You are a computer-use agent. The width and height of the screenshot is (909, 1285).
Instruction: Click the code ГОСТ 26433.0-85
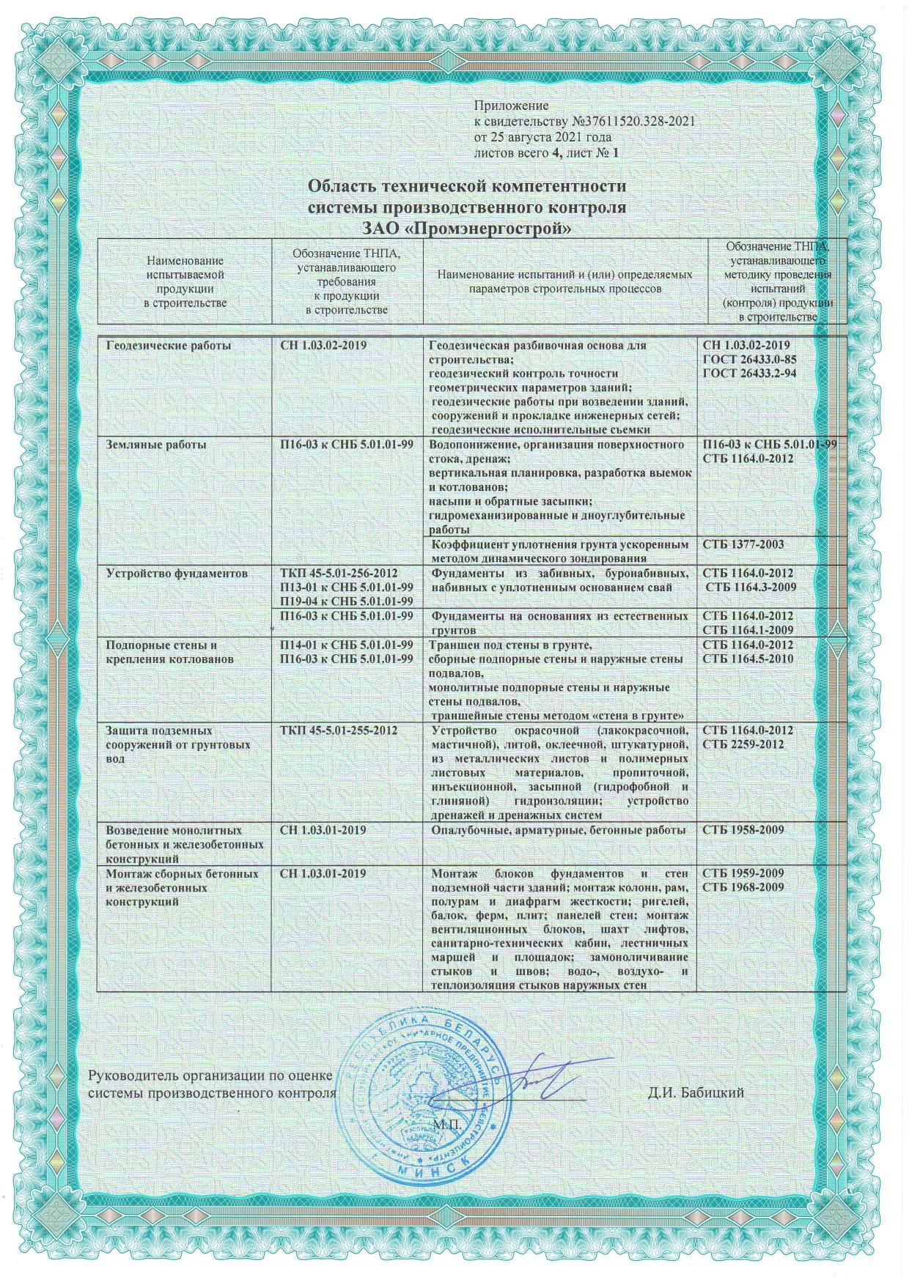(x=749, y=359)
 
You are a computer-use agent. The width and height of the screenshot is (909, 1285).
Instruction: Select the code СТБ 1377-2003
(x=743, y=544)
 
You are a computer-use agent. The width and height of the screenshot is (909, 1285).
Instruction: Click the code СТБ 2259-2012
(x=743, y=744)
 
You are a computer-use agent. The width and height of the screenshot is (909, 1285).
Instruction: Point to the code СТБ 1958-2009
(x=743, y=830)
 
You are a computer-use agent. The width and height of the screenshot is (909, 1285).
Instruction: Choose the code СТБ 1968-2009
(x=743, y=888)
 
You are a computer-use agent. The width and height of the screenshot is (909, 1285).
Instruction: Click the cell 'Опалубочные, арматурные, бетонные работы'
(x=559, y=830)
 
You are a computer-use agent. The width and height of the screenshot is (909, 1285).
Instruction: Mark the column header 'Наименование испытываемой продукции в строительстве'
(x=185, y=281)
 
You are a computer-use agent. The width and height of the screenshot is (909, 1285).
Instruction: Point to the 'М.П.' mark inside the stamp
(x=445, y=1124)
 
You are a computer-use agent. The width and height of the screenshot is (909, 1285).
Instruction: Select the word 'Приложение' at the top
(x=511, y=107)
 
